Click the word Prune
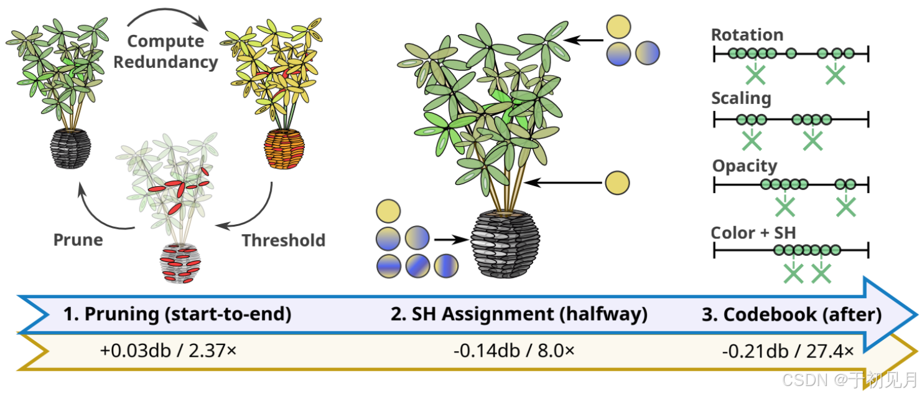pos(78,240)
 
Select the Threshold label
pos(283,240)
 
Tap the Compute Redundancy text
pos(165,52)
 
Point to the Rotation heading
pos(747,35)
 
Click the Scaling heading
pos(741,98)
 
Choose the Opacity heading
pos(745,166)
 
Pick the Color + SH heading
pos(753,233)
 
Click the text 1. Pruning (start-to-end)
pos(177,314)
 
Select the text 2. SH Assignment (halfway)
pos(519,314)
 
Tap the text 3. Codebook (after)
pos(791,314)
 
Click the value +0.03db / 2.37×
pos(168,351)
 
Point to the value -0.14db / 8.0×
pos(514,351)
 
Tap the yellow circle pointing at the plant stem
pos(617,183)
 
